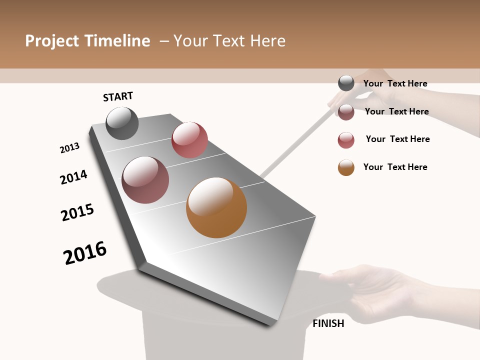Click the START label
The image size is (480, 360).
118,96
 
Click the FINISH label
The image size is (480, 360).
328,323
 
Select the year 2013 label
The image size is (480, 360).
70,148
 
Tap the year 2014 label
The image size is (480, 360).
74,177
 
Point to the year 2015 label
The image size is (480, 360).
77,212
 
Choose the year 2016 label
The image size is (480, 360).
85,253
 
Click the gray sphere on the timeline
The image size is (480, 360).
122,123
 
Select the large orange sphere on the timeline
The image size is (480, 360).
216,207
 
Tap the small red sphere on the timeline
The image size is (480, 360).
189,140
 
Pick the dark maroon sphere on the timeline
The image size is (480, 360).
145,180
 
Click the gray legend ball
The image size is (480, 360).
346,83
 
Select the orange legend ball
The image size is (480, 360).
346,167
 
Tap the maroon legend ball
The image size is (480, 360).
346,112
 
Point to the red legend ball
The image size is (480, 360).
346,140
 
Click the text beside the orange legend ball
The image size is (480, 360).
395,167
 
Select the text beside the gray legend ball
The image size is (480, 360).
395,83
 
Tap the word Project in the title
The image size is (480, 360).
52,41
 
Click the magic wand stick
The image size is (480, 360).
295,145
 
